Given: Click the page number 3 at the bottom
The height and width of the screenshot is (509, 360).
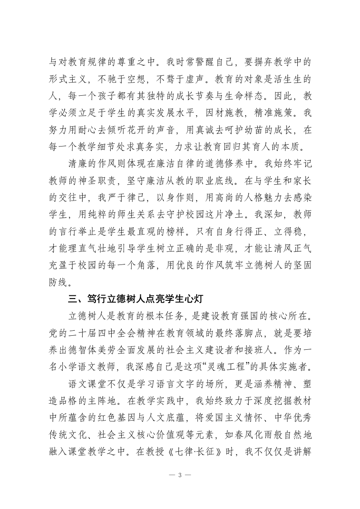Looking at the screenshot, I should click(180, 475).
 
